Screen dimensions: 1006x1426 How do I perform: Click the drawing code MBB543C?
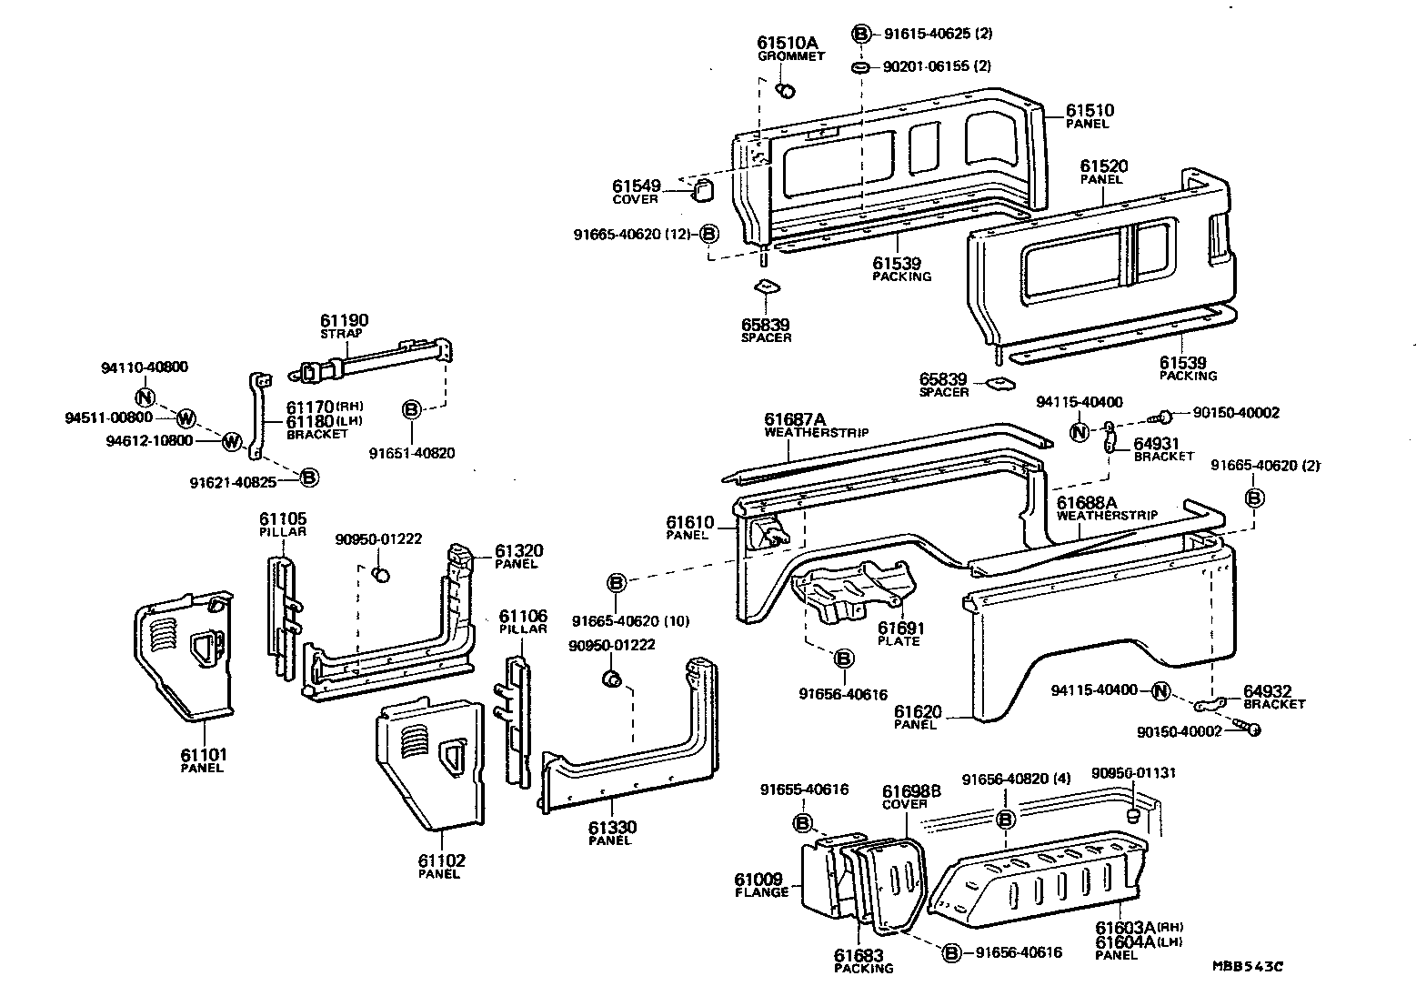click(1246, 967)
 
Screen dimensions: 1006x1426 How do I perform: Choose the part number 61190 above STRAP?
click(344, 320)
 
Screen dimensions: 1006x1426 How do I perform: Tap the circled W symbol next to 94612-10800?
click(231, 441)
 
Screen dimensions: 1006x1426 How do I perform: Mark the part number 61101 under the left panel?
click(204, 754)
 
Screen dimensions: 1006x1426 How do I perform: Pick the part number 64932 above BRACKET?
click(1268, 691)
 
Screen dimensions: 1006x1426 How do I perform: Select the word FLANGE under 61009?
click(761, 892)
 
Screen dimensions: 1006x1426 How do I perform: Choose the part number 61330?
click(611, 827)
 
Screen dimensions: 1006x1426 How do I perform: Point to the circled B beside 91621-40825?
click(309, 477)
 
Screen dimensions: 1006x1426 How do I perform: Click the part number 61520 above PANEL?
click(1104, 166)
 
